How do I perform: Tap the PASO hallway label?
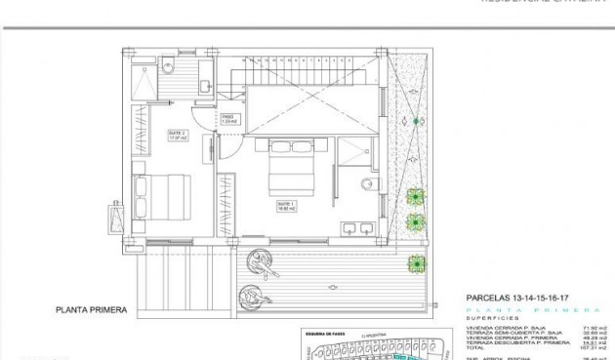pyautogui.click(x=228, y=118)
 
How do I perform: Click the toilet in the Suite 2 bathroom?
pyautogui.click(x=168, y=66)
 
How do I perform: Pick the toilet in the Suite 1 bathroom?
pyautogui.click(x=368, y=184)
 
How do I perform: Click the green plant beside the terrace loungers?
pyautogui.click(x=418, y=262)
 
